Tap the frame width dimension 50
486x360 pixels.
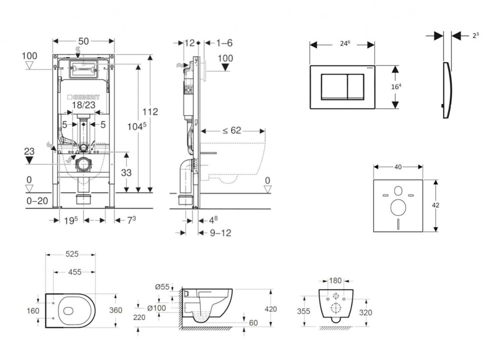point(84,41)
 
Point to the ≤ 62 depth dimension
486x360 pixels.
point(232,130)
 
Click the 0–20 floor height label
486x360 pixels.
point(37,201)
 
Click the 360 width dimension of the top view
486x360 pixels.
point(116,310)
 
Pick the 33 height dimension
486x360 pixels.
point(126,173)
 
